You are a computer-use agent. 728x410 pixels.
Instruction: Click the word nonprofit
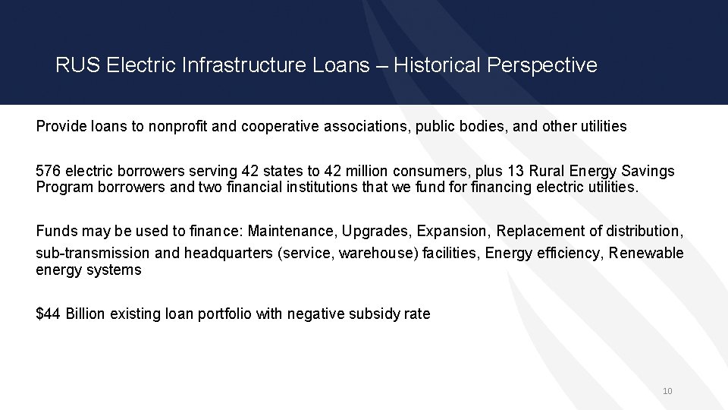click(178, 126)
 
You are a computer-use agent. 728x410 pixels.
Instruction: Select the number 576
click(49, 172)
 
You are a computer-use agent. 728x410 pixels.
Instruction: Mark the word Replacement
click(540, 230)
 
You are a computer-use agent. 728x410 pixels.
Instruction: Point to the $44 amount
click(49, 314)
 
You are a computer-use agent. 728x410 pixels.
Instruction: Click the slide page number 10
click(667, 391)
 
